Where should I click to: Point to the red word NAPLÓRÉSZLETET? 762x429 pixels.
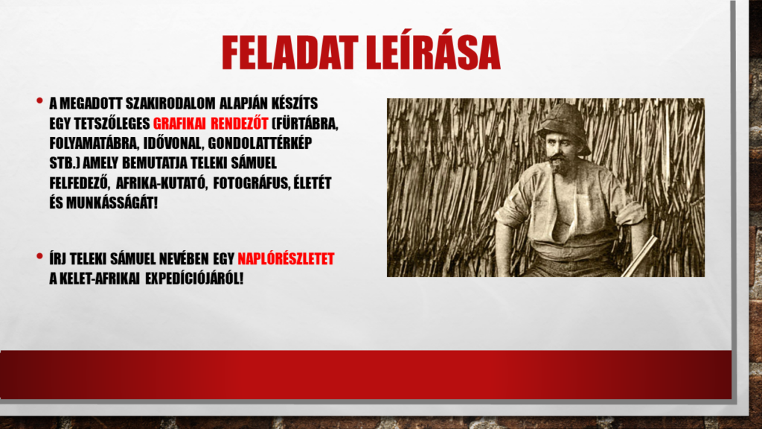pos(286,258)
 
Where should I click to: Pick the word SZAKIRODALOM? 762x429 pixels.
pos(170,104)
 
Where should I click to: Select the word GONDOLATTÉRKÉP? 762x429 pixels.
pos(260,144)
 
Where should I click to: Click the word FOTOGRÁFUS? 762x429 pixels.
pos(251,183)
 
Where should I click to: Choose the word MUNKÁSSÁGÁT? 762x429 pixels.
pos(112,203)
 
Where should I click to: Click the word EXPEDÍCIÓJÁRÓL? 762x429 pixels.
pos(194,279)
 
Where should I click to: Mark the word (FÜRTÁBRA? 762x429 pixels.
pos(304,124)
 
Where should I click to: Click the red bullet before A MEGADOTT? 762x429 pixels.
pos(39,101)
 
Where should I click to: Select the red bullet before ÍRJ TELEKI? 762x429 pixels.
pos(39,256)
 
